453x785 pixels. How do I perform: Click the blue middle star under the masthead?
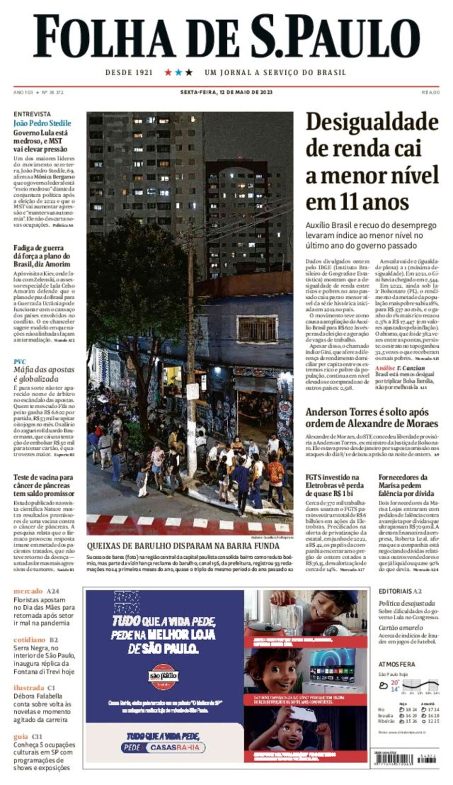pos(178,72)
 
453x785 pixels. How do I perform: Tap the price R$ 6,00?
pos(430,93)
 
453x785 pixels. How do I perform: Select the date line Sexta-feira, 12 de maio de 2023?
pos(226,93)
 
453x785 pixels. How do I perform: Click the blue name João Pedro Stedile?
pos(42,123)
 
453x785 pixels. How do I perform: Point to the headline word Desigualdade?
pos(372,122)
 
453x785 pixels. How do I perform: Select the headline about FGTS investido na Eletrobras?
pos(335,485)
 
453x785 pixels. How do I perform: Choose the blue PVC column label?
pos(19,361)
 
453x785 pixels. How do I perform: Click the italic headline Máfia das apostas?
pos(43,374)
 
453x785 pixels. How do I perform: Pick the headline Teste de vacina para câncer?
pos(43,485)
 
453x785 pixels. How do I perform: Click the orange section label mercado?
pos(28,591)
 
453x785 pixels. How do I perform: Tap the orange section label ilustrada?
pos(29,688)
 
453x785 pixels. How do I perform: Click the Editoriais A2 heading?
pos(400,591)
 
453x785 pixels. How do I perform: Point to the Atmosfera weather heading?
pos(396,664)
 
